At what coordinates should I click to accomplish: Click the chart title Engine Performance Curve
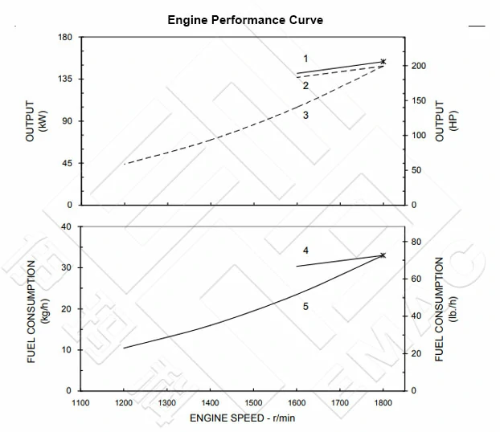pos(245,20)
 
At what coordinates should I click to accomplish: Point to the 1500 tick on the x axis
pos(253,403)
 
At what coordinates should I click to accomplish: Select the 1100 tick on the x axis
pos(80,403)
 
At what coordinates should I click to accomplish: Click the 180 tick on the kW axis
pos(66,38)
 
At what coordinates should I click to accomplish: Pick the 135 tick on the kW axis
pos(66,79)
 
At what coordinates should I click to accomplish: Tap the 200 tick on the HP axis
pos(419,66)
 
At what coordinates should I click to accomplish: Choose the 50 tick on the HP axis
pos(416,170)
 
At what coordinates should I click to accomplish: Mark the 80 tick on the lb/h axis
pos(416,242)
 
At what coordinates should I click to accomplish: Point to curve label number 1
pos(305,59)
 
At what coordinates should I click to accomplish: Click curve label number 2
pos(305,85)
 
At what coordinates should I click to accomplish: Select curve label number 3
pos(305,116)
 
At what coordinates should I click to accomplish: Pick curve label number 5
pos(305,307)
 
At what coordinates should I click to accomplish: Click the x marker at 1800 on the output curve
pos(383,62)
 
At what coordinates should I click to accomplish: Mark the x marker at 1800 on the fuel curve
pos(383,255)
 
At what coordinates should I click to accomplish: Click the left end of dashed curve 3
pos(125,164)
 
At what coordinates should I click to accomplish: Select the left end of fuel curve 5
pos(124,348)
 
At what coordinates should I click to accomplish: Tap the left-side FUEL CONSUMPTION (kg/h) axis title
pos(38,309)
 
